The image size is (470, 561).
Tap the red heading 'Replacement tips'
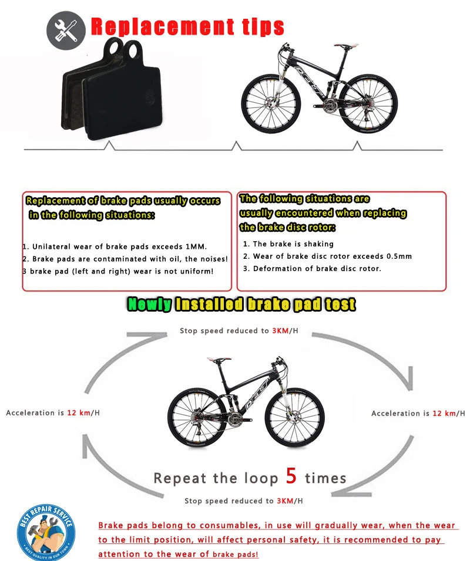[187, 27]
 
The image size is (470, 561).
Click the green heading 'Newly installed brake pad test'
[241, 304]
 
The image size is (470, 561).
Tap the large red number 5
[291, 475]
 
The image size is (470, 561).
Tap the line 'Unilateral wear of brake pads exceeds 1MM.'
[115, 246]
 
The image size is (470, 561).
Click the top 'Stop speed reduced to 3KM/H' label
[239, 331]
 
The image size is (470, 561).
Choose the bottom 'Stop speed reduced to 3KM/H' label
[244, 501]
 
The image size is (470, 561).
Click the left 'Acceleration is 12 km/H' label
[53, 413]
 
